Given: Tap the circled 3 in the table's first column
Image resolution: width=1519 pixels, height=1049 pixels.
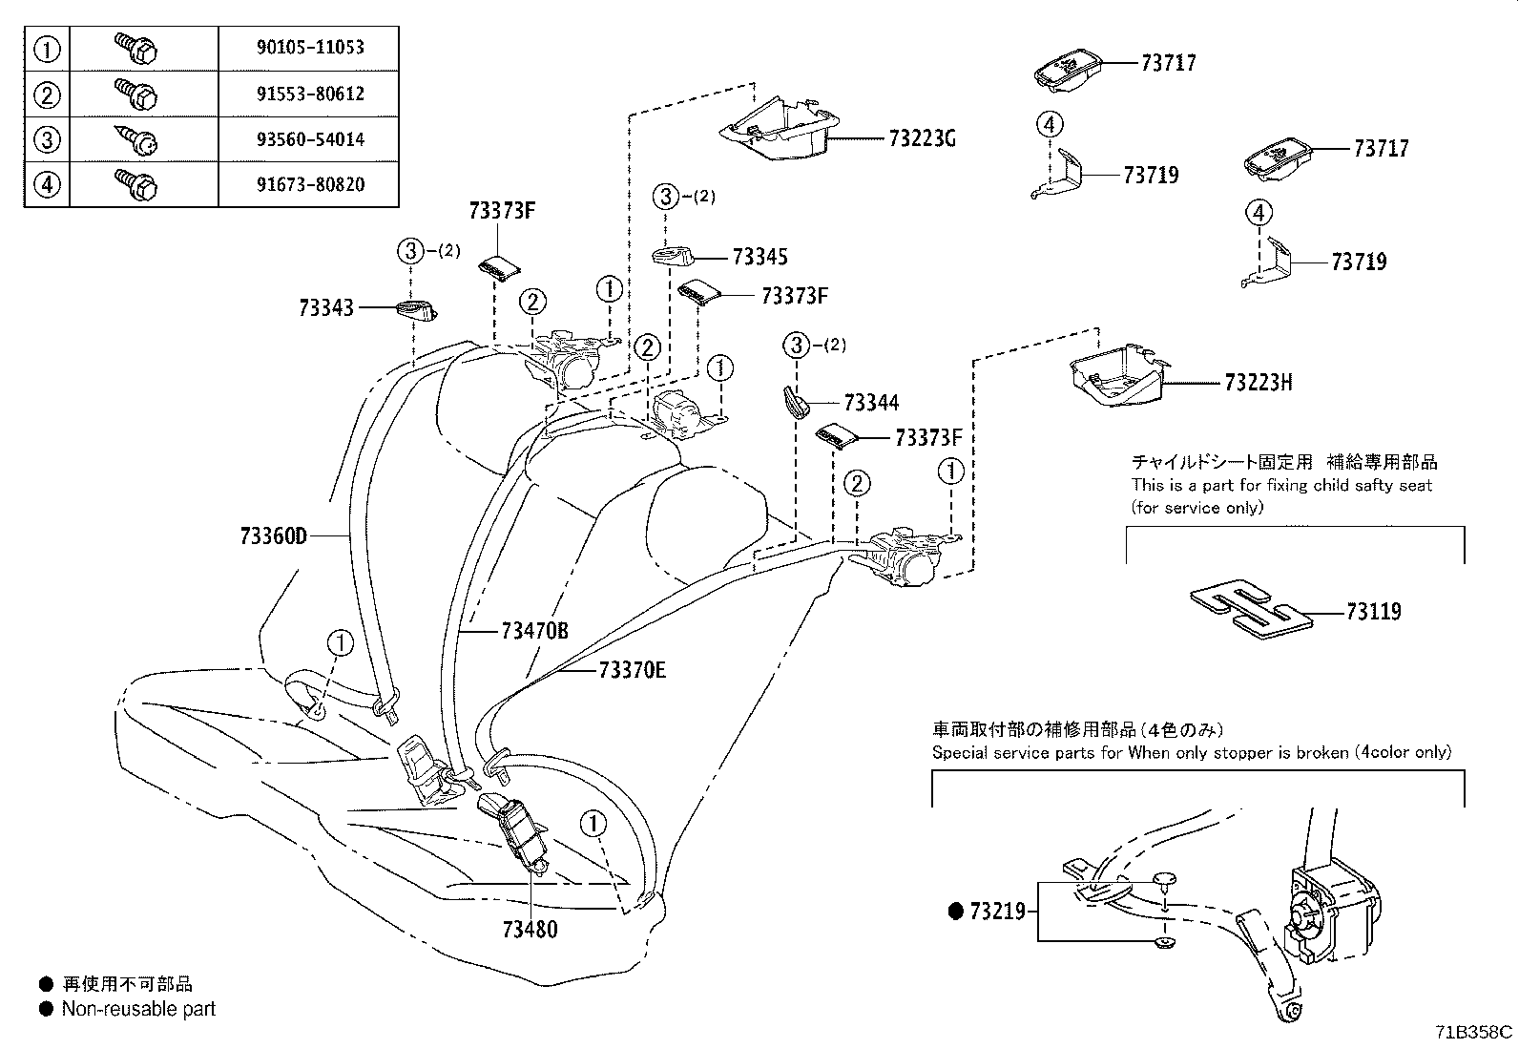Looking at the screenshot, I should coord(47,139).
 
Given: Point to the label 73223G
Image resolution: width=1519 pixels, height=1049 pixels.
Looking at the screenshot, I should coord(921,139).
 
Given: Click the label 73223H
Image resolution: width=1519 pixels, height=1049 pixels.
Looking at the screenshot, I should coord(1258,383).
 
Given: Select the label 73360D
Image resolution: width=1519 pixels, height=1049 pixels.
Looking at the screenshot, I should coord(274,536).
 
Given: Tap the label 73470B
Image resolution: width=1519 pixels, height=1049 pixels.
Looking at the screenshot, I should coord(534,631).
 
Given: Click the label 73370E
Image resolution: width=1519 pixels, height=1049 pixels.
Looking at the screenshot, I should coord(632,671).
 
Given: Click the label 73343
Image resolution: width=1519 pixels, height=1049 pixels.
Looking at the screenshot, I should coord(325,307).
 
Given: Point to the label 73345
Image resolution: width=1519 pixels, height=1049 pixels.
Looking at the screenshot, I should coord(759,257).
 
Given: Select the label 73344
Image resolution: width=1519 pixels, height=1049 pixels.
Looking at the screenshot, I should coord(871,403).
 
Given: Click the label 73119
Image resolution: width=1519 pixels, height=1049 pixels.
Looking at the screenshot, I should coord(1373,612).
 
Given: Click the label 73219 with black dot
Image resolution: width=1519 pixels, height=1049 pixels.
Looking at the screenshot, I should coord(996,912).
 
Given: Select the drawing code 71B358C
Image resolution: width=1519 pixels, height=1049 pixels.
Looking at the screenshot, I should coord(1473,1032).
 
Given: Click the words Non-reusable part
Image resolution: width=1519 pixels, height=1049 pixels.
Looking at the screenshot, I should coord(138,1009).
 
